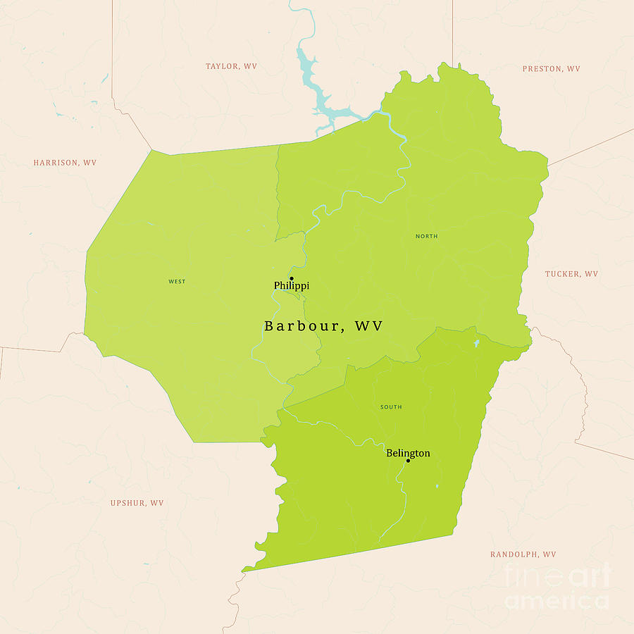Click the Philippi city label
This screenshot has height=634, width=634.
point(291,286)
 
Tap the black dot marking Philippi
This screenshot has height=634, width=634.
point(291,278)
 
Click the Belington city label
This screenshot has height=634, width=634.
point(408,453)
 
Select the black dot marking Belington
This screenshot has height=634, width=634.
point(408,461)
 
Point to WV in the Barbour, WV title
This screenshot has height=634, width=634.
point(369,326)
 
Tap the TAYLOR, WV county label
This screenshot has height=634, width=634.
point(231,66)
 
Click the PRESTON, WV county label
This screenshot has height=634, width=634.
point(551,69)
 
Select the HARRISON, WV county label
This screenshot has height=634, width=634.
point(65,163)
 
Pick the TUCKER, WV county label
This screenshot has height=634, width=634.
point(571,274)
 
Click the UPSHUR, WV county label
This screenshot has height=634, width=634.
point(137,503)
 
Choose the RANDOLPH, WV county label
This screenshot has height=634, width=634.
point(523,554)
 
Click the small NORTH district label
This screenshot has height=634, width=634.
point(426,236)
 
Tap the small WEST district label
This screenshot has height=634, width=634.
point(177,282)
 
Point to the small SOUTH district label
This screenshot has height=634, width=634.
point(391,407)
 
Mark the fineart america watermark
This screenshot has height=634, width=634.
point(557,586)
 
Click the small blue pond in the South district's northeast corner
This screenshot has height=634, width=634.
point(477,343)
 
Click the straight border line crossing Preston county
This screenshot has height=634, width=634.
point(592,147)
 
